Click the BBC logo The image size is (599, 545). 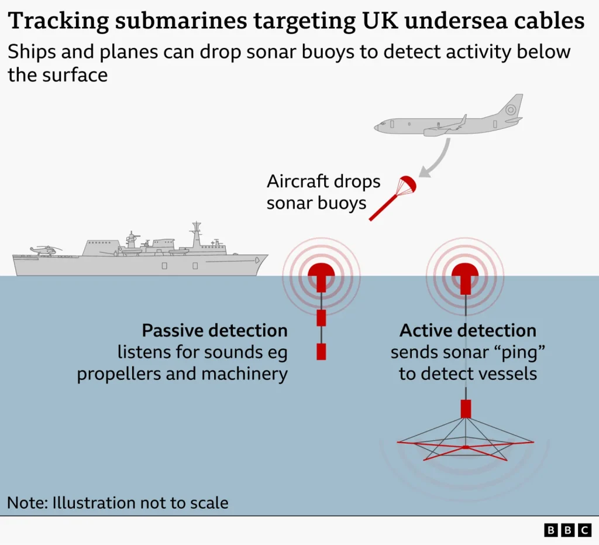(x=567, y=530)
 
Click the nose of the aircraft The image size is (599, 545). (x=378, y=125)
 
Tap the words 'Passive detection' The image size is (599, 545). (x=215, y=331)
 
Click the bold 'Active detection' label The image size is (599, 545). (x=468, y=331)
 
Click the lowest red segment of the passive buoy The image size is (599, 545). (x=321, y=351)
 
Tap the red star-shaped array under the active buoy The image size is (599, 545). (x=465, y=448)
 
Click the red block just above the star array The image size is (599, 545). (x=466, y=409)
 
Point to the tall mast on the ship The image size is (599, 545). (x=196, y=234)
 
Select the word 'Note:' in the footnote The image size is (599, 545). (x=27, y=502)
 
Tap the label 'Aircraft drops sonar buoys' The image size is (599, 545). (x=323, y=192)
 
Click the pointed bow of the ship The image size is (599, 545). (x=264, y=257)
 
